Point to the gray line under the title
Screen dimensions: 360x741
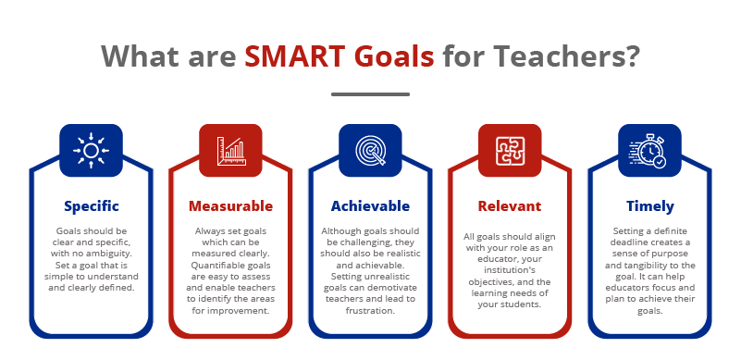click(370, 93)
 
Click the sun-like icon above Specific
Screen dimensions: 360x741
click(91, 150)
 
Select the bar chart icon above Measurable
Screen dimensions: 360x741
click(230, 150)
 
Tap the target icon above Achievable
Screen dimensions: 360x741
click(370, 150)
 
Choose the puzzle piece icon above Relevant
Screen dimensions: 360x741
click(510, 150)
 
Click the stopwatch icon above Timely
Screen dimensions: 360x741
click(649, 150)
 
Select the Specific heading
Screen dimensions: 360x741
click(91, 205)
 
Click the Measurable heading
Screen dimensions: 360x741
click(230, 205)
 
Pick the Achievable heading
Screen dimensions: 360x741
click(370, 205)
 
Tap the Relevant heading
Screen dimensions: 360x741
click(510, 205)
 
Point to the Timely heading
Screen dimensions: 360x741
click(649, 205)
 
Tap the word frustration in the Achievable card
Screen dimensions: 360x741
click(370, 311)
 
